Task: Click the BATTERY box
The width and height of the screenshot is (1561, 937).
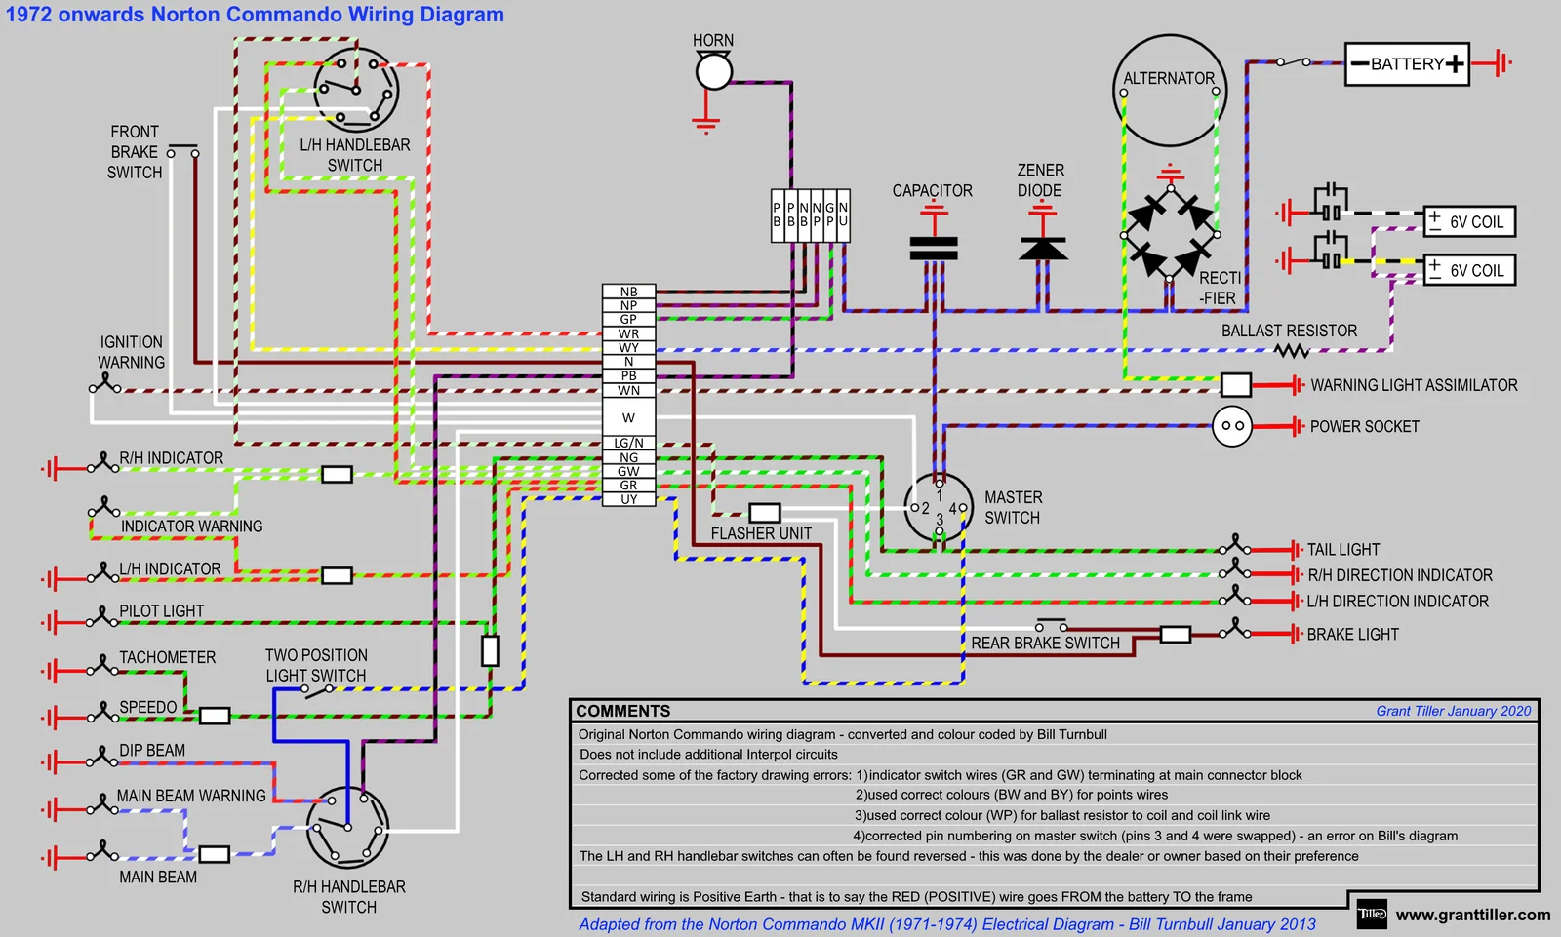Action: (x=1407, y=64)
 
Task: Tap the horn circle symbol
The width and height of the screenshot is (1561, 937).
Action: (x=713, y=71)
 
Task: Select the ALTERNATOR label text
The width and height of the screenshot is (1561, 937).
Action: (x=1169, y=78)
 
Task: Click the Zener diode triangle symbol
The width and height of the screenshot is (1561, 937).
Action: (x=1042, y=249)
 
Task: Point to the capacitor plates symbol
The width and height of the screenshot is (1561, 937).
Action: (x=934, y=249)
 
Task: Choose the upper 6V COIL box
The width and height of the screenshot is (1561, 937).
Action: (x=1469, y=221)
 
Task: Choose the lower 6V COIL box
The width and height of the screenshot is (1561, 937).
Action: (x=1469, y=270)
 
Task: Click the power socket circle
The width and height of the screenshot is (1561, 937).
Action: (x=1232, y=426)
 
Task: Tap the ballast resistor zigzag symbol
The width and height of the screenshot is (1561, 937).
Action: (x=1291, y=350)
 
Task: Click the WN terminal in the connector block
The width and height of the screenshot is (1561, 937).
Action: (x=628, y=390)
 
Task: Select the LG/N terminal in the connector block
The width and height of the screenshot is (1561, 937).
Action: (x=628, y=443)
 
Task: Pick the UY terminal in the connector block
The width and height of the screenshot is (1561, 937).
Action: (x=628, y=499)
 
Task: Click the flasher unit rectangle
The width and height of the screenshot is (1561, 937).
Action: (x=764, y=513)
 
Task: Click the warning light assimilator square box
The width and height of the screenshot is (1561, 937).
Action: (x=1235, y=385)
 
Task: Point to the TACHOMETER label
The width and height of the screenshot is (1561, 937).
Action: (x=167, y=657)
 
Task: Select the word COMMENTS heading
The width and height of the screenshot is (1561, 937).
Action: (x=622, y=711)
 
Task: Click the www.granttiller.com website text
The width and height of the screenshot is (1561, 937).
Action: (x=1472, y=915)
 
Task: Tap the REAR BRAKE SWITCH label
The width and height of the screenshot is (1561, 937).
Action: (x=1045, y=644)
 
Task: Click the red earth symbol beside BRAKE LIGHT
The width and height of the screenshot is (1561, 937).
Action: (x=1295, y=634)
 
